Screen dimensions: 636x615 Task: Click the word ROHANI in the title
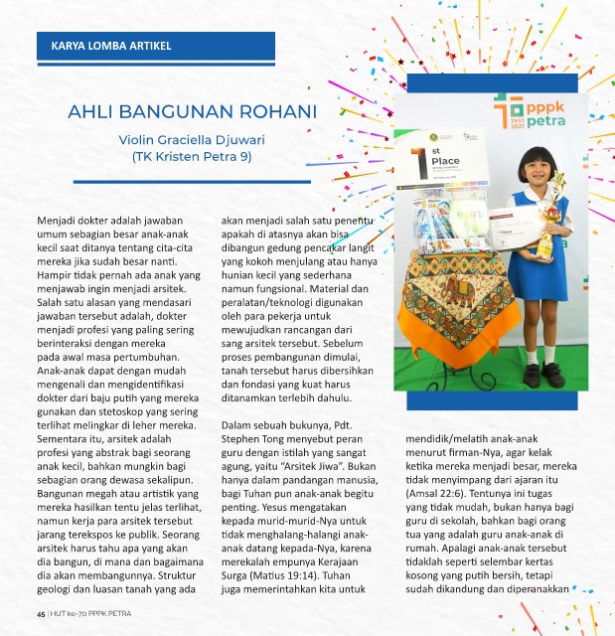pyautogui.click(x=267, y=110)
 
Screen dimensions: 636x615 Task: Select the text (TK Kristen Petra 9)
pyautogui.click(x=192, y=156)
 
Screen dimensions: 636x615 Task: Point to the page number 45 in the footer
pyautogui.click(x=41, y=613)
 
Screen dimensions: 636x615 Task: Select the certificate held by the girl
pyautogui.click(x=513, y=226)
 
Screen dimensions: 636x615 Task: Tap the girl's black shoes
pyautogui.click(x=540, y=375)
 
